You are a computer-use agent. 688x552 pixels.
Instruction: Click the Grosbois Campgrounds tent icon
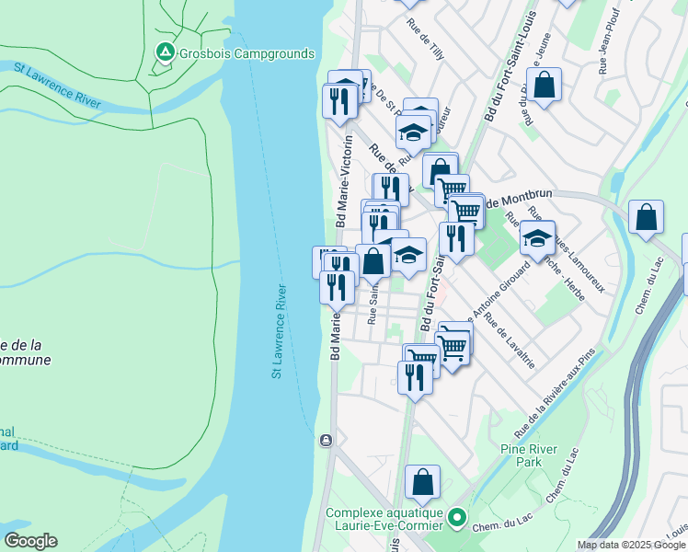[165, 53]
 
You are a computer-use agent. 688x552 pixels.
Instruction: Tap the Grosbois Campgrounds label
[247, 54]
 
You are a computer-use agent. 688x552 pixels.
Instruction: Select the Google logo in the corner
[30, 541]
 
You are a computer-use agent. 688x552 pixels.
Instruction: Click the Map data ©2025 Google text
[632, 545]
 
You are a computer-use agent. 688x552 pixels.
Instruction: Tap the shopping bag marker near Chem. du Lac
[647, 219]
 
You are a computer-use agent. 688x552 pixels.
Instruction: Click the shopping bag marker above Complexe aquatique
[422, 481]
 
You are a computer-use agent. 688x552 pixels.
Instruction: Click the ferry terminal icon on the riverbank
[326, 441]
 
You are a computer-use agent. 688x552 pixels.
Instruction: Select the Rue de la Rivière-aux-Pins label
[555, 392]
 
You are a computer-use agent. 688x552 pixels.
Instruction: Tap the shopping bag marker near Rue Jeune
[545, 85]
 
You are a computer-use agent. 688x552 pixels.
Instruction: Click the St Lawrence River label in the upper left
[56, 86]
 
